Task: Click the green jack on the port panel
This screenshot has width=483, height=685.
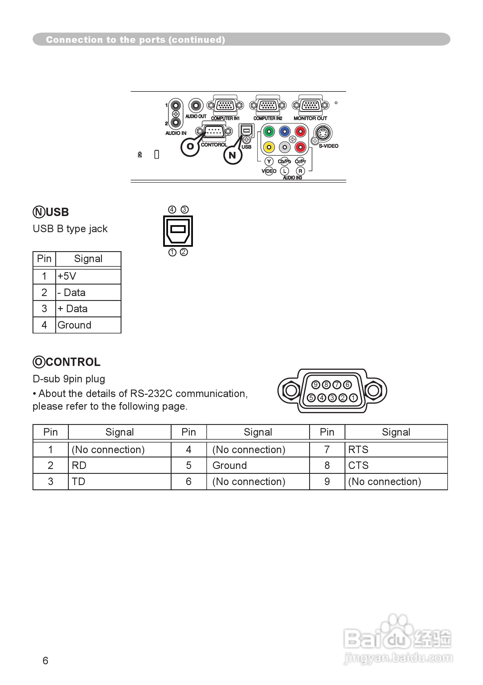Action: tap(269, 131)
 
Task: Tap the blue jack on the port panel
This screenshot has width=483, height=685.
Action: tap(285, 131)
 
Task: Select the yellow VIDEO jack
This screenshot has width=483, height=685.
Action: tap(269, 147)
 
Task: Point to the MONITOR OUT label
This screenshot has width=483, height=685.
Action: tap(310, 119)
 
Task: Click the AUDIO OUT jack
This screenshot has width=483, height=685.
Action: tap(196, 105)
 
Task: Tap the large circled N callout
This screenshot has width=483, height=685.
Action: tap(233, 155)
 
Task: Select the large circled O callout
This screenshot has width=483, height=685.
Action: tap(190, 146)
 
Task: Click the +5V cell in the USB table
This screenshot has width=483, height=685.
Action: tap(88, 276)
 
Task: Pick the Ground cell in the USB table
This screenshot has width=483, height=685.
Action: tap(88, 325)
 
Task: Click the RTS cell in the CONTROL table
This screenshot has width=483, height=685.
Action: tap(396, 449)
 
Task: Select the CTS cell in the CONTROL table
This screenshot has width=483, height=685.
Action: tap(396, 465)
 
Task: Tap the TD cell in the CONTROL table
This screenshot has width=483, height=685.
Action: tap(119, 482)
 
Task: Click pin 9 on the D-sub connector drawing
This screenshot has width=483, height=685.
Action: tap(315, 385)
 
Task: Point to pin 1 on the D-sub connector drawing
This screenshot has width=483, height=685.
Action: tap(353, 398)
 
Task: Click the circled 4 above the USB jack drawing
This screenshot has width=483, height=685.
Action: tap(172, 209)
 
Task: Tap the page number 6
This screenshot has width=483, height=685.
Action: tap(45, 661)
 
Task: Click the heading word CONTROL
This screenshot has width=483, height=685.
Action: tap(73, 362)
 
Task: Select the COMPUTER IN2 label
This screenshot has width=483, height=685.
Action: tap(268, 119)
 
